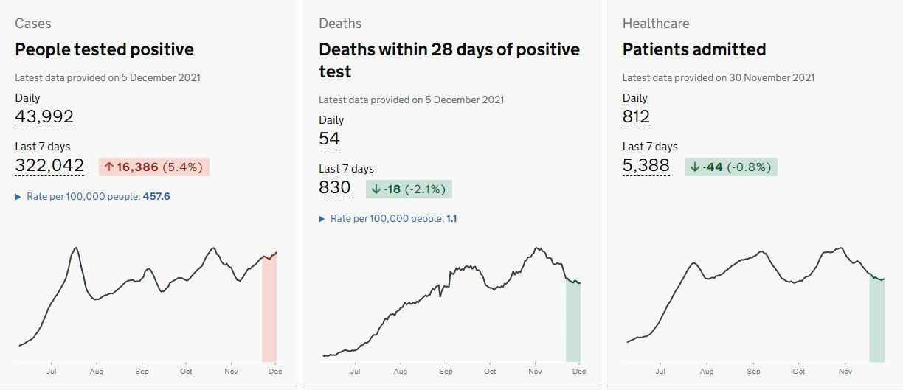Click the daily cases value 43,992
[44, 116]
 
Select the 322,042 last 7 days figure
[49, 165]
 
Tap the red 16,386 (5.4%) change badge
[154, 167]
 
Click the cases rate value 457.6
[156, 197]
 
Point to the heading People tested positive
[105, 49]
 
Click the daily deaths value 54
[329, 139]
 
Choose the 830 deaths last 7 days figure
[335, 187]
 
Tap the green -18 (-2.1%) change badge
[409, 189]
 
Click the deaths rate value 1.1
[451, 219]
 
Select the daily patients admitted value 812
[636, 116]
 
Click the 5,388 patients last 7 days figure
[646, 165]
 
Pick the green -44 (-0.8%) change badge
[731, 167]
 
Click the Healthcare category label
[656, 24]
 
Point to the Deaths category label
[340, 24]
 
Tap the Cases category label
[33, 24]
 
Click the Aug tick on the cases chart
[97, 372]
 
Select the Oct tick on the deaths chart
[490, 372]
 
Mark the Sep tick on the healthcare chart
[753, 372]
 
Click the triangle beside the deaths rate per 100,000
[322, 219]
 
